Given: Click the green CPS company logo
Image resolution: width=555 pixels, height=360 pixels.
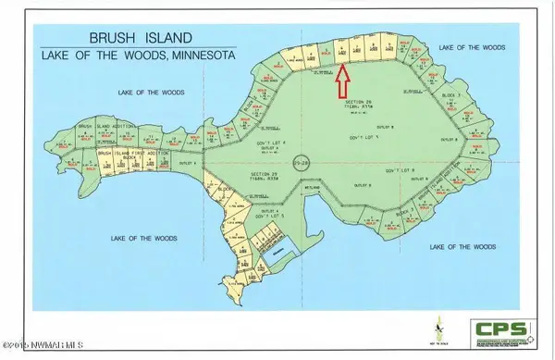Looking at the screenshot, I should click(503, 330).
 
